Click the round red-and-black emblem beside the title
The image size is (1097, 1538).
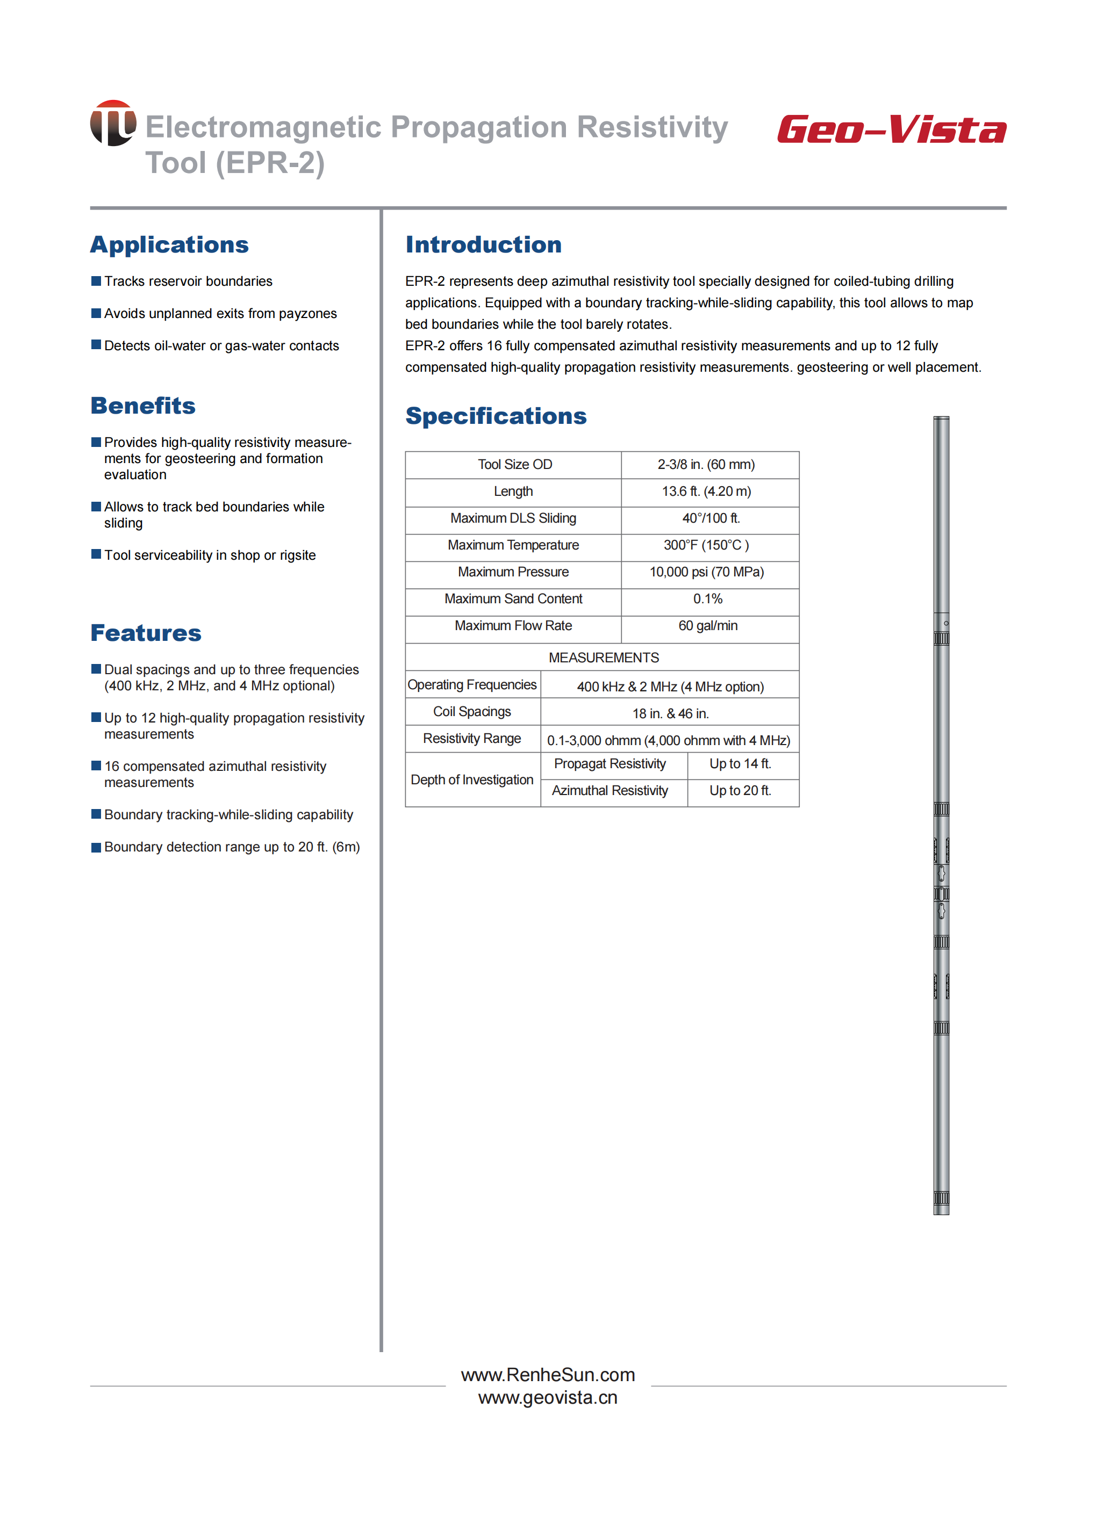pyautogui.click(x=113, y=123)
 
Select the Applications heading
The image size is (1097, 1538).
pyautogui.click(x=169, y=244)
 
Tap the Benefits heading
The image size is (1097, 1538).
pyautogui.click(x=143, y=406)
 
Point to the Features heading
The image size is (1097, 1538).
pyautogui.click(x=146, y=633)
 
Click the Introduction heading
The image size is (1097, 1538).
pyautogui.click(x=484, y=244)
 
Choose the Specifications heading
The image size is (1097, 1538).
pyautogui.click(x=496, y=416)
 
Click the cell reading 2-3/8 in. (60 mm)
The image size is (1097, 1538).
pyautogui.click(x=706, y=465)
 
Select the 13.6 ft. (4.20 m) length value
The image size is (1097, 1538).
pyautogui.click(x=706, y=492)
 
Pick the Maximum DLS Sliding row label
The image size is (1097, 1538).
pyautogui.click(x=513, y=518)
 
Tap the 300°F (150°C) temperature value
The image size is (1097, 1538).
pyautogui.click(x=706, y=545)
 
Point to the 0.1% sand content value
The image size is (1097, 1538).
pyautogui.click(x=707, y=599)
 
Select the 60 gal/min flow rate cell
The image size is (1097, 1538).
pyautogui.click(x=708, y=626)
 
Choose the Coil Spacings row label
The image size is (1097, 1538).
pyautogui.click(x=472, y=712)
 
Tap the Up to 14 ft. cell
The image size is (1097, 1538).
pyautogui.click(x=740, y=763)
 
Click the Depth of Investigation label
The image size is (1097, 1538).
pyautogui.click(x=472, y=780)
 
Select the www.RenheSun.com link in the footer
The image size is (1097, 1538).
pyautogui.click(x=548, y=1375)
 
